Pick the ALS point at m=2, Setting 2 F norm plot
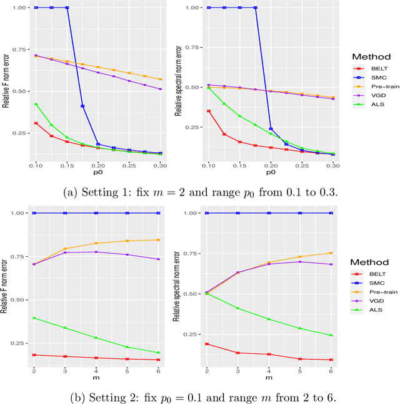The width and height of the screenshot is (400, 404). click(34, 318)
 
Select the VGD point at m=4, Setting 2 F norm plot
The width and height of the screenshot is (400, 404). click(96, 252)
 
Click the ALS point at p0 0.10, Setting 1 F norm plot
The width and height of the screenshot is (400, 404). click(36, 104)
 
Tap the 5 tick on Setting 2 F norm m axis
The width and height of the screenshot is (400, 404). click(127, 370)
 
